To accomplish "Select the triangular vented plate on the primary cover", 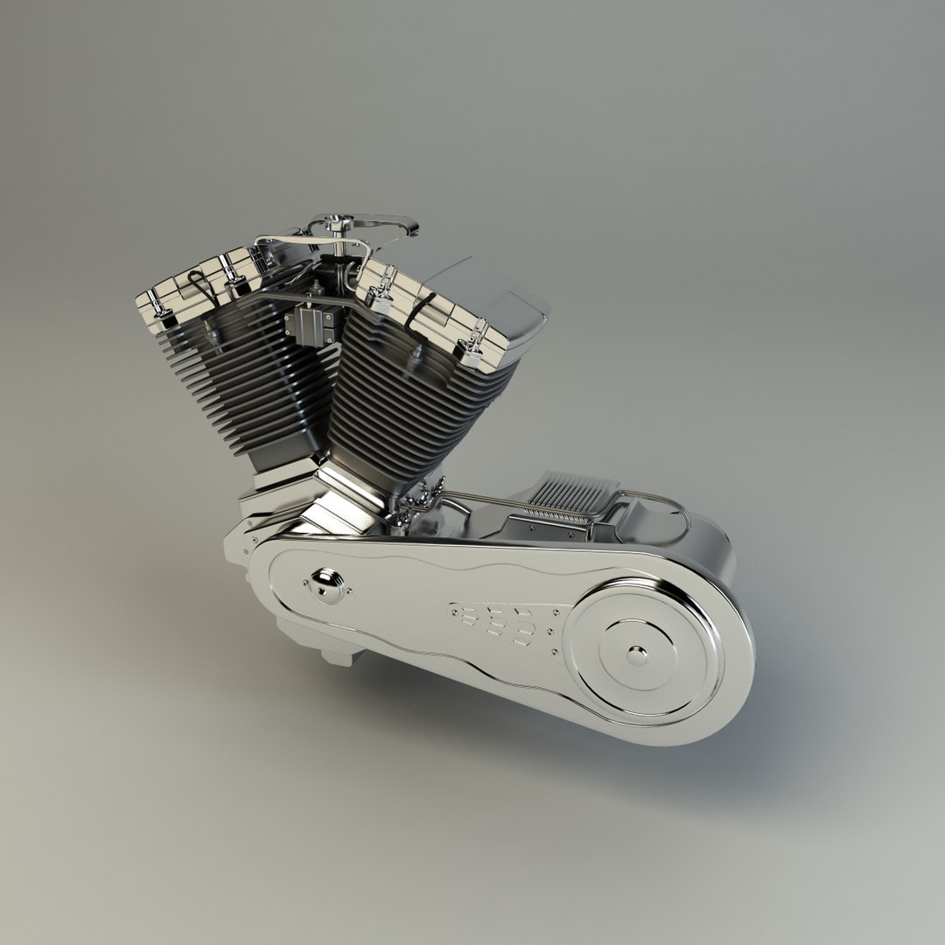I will (x=503, y=622).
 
